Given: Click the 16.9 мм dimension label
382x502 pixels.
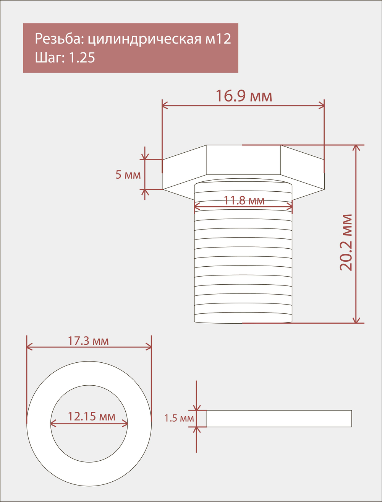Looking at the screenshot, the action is [x=244, y=96].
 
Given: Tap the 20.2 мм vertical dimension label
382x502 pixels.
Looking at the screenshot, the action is [x=346, y=243].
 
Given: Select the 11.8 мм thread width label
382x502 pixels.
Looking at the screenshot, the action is [x=244, y=200].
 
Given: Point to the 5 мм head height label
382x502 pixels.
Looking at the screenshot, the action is [x=128, y=175].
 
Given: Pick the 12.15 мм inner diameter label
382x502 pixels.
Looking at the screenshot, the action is [x=91, y=416].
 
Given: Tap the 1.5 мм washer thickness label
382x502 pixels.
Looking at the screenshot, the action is [x=179, y=418].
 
